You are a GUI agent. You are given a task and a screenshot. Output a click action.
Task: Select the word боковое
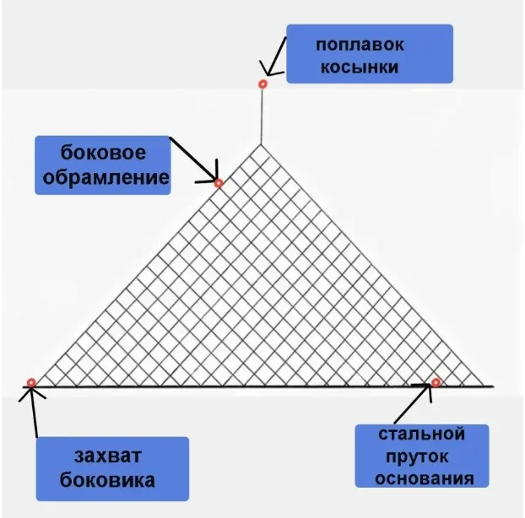coord(104,154)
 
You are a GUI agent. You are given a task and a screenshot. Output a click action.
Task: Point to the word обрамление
coord(104,178)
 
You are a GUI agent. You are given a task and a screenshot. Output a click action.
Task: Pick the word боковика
coord(112,481)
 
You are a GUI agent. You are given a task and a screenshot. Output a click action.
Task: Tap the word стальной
coord(422,435)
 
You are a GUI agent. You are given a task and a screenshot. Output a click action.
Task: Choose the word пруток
coord(422,458)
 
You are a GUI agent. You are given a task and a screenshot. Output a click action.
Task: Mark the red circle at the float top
coord(262,84)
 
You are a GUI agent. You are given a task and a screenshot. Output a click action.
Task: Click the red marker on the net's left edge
coord(218,182)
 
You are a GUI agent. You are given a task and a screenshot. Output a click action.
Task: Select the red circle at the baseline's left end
coord(31,383)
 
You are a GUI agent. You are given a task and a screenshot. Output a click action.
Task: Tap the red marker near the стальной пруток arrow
coord(436,383)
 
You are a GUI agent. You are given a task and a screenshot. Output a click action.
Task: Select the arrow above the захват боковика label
coord(35,413)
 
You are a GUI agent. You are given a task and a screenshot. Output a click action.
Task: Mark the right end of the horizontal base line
coord(493,387)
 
